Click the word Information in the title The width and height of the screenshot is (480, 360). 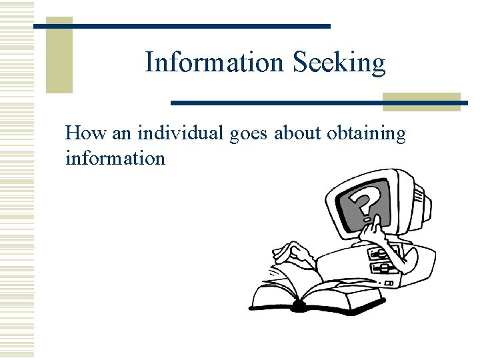click(214, 63)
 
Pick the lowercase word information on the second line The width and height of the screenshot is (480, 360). click(115, 158)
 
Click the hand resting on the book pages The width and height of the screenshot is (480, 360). click(289, 253)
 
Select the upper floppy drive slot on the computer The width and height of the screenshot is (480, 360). click(379, 254)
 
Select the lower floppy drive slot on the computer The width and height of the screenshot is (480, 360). click(384, 267)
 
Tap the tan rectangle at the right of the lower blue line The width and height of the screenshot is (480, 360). click(421, 101)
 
